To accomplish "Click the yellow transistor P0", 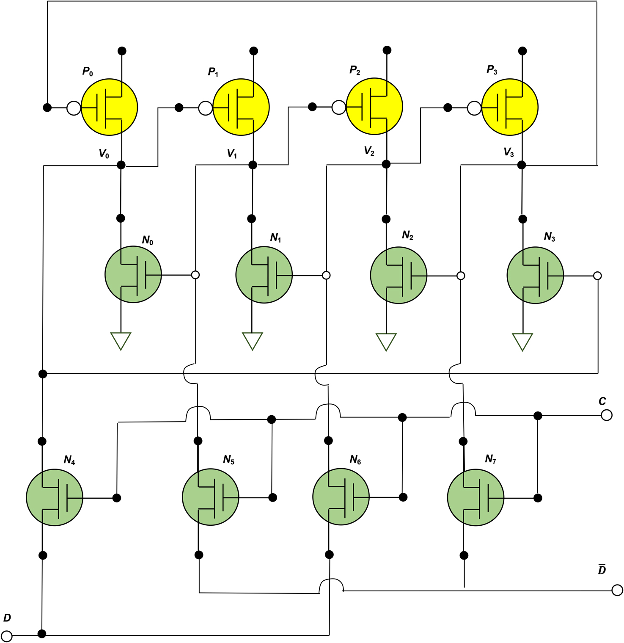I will pyautogui.click(x=109, y=107).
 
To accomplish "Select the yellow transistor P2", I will pyautogui.click(x=374, y=106).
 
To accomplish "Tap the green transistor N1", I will pyautogui.click(x=264, y=275).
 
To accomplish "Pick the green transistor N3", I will pyautogui.click(x=535, y=275).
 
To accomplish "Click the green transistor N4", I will pyautogui.click(x=54, y=497).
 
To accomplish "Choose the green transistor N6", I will pyautogui.click(x=341, y=497).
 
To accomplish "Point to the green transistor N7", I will pyautogui.click(x=475, y=497).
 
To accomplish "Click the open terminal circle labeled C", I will pyautogui.click(x=606, y=415).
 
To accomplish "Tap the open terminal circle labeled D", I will pyautogui.click(x=7, y=635).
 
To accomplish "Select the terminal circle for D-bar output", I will pyautogui.click(x=617, y=590).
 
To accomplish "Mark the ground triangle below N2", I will pyautogui.click(x=386, y=342).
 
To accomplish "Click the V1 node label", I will pyautogui.click(x=232, y=154).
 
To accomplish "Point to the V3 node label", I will pyautogui.click(x=509, y=152).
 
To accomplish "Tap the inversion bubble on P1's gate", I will pyautogui.click(x=205, y=108).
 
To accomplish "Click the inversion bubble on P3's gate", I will pyautogui.click(x=474, y=108).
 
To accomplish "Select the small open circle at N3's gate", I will pyautogui.click(x=597, y=276).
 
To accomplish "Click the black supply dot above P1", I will pyautogui.click(x=253, y=51).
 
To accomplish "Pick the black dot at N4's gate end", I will pyautogui.click(x=117, y=498).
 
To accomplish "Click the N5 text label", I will pyautogui.click(x=228, y=460).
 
